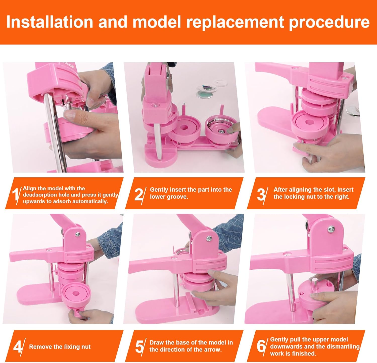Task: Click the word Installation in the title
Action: pos(49,22)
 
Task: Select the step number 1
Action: pos(15,194)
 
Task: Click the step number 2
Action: pos(138,194)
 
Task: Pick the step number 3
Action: pos(261,194)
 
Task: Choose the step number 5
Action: pos(139,347)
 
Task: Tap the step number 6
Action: pos(261,346)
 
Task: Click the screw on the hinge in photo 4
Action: pos(78,234)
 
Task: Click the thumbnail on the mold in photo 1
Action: pos(70,115)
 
